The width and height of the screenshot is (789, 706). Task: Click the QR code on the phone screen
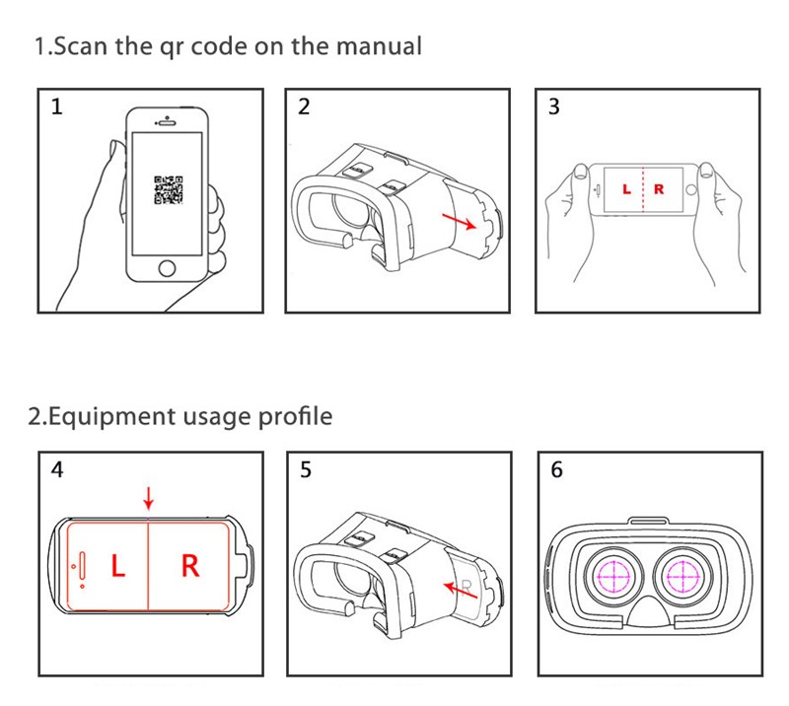168,189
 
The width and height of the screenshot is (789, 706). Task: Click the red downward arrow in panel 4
148,496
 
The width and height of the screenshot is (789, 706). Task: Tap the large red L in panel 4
117,566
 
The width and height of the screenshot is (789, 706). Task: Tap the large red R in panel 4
190,566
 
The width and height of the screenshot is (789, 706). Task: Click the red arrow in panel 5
455,588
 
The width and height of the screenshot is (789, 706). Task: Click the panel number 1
56,107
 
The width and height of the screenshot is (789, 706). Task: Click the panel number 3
553,107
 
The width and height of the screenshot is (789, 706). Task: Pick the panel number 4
57,470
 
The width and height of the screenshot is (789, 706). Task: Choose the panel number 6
556,470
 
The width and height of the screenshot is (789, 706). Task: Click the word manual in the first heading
378,45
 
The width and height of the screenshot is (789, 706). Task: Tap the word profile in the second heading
297,416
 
